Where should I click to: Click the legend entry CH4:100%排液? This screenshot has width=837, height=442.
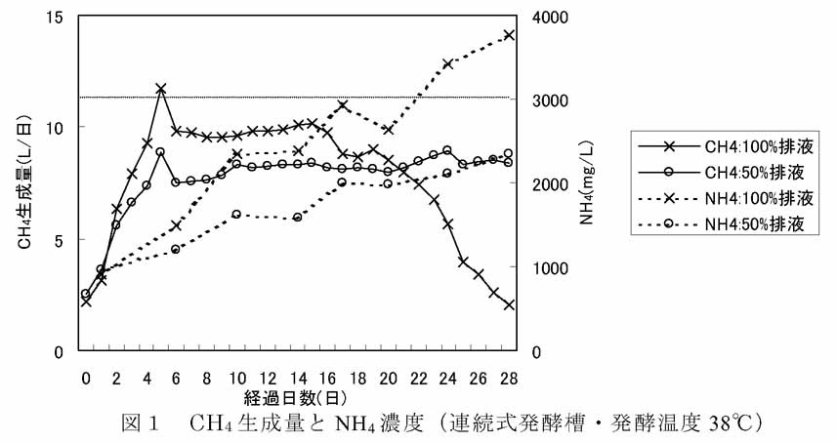click(727, 146)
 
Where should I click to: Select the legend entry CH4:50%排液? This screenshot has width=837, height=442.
click(727, 173)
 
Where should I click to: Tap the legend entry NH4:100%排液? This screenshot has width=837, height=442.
click(727, 199)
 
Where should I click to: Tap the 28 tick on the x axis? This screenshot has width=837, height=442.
click(508, 377)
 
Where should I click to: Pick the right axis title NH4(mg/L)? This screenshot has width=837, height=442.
click(588, 183)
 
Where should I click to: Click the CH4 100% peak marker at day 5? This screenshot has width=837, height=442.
click(161, 89)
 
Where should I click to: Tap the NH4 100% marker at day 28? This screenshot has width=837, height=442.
click(508, 35)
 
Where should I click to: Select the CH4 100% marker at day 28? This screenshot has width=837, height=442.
click(508, 305)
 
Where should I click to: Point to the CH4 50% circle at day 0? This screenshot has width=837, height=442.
click(86, 294)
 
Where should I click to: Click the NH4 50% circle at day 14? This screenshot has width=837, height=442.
click(297, 218)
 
